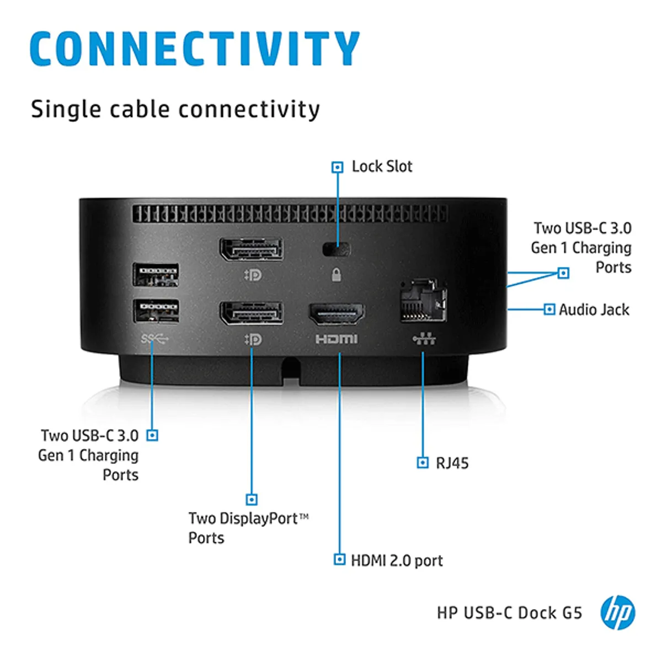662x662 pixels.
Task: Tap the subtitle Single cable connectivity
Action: pyautogui.click(x=175, y=109)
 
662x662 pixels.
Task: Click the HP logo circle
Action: pyautogui.click(x=617, y=612)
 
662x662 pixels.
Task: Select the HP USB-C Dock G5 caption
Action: pyautogui.click(x=509, y=613)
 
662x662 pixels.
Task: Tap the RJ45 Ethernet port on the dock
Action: pyautogui.click(x=423, y=301)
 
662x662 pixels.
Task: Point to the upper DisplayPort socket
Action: pyautogui.click(x=252, y=249)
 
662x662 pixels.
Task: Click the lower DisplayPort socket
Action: pyautogui.click(x=252, y=313)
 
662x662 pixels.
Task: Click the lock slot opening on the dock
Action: pyautogui.click(x=337, y=249)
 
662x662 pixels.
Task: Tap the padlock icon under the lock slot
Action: pyautogui.click(x=336, y=274)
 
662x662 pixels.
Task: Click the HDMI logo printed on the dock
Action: pyautogui.click(x=336, y=339)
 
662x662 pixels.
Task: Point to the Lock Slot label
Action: pyautogui.click(x=382, y=167)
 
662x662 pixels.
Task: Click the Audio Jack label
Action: pyautogui.click(x=594, y=309)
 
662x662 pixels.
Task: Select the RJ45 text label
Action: pyautogui.click(x=452, y=463)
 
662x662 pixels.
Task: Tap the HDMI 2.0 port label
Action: pyautogui.click(x=397, y=560)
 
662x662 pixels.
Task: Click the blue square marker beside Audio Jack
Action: pyautogui.click(x=549, y=309)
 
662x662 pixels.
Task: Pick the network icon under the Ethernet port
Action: pyautogui.click(x=424, y=339)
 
